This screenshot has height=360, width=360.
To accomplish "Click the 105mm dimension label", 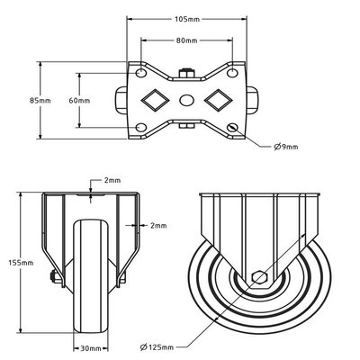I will click(x=187, y=17).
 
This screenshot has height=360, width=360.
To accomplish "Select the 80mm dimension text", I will click(x=187, y=40).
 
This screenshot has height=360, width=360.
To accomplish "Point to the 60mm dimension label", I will click(x=80, y=101).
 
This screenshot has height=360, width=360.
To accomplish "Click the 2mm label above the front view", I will click(x=112, y=180).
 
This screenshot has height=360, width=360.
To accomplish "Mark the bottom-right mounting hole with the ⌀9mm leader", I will click(x=233, y=130).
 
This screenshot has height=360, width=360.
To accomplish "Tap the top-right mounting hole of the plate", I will click(x=233, y=72).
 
